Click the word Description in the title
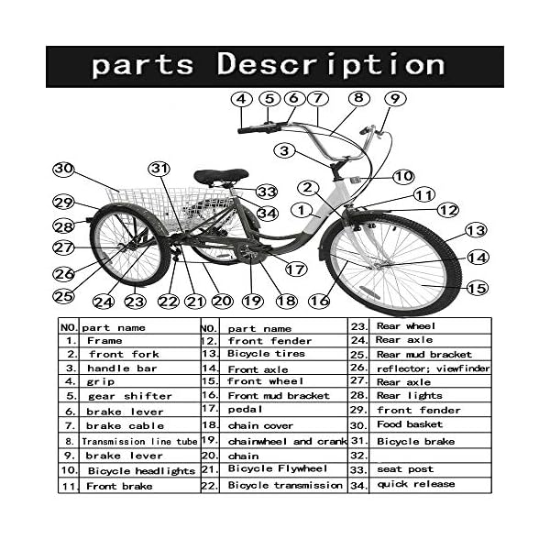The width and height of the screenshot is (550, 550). (x=330, y=65)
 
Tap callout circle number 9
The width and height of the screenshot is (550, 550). (x=394, y=98)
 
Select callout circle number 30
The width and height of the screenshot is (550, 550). (x=63, y=170)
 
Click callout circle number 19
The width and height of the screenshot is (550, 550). (x=252, y=301)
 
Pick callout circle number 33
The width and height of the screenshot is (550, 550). (x=267, y=192)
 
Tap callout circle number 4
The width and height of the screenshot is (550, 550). (x=242, y=98)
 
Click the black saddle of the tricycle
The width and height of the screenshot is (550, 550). (x=220, y=175)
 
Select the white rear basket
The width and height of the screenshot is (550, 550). (x=174, y=206)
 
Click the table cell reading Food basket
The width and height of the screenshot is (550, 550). (x=409, y=424)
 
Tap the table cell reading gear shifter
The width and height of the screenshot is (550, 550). (x=129, y=396)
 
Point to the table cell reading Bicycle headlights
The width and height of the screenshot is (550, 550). (x=141, y=470)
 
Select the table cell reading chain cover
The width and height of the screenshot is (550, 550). (x=260, y=425)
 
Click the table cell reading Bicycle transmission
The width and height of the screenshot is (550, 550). (x=284, y=485)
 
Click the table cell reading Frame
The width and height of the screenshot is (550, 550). (x=104, y=340)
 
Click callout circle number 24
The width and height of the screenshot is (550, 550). (x=103, y=302)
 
